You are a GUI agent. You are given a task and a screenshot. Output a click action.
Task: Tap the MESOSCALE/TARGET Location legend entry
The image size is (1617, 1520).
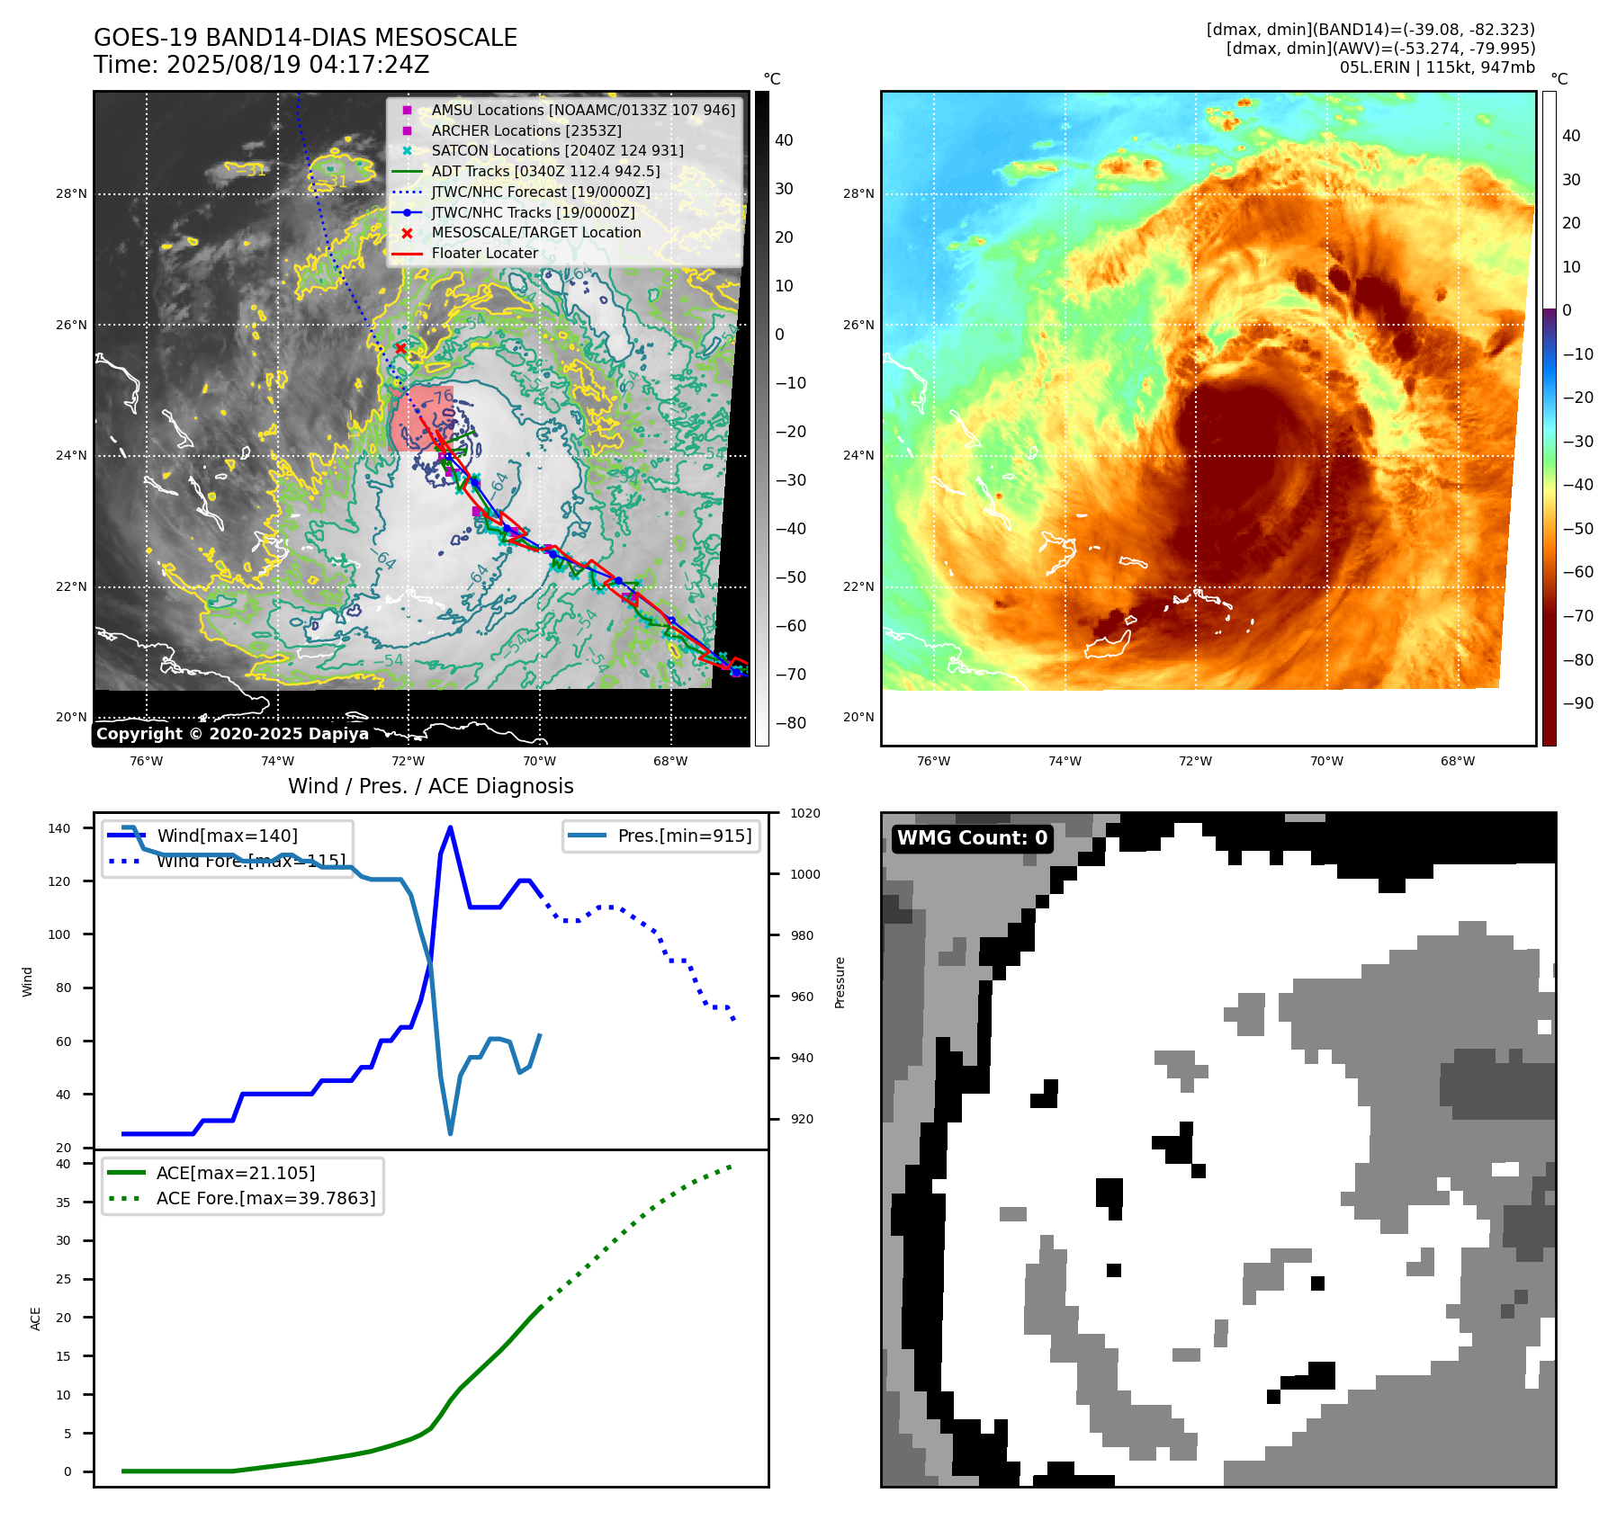pyautogui.click(x=535, y=232)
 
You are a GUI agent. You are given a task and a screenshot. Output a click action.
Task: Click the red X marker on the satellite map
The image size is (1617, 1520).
pyautogui.click(x=400, y=348)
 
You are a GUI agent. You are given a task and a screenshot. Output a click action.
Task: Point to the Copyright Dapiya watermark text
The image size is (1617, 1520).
pyautogui.click(x=232, y=734)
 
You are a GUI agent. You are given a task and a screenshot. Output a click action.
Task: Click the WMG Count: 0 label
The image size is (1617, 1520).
pyautogui.click(x=972, y=838)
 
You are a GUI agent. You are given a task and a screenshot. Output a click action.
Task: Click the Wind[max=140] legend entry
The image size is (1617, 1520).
pyautogui.click(x=227, y=836)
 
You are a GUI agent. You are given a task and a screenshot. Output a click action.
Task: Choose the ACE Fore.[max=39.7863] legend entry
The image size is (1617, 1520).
pyautogui.click(x=265, y=1198)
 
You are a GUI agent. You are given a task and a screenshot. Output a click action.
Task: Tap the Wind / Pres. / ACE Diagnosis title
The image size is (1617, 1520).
pyautogui.click(x=430, y=786)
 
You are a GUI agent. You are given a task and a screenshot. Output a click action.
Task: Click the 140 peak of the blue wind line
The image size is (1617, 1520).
pyautogui.click(x=450, y=827)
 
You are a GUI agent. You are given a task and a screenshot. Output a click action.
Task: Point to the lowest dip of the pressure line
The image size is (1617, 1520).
pyautogui.click(x=450, y=1133)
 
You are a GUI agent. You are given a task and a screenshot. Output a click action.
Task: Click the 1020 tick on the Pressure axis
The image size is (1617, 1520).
pyautogui.click(x=805, y=813)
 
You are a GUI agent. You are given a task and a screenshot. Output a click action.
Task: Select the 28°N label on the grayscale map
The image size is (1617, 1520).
pyautogui.click(x=72, y=193)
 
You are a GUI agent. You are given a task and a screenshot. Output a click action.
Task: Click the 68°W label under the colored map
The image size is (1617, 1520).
pyautogui.click(x=1457, y=761)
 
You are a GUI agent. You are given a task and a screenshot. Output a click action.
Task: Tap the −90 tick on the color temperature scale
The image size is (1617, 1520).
pyautogui.click(x=1579, y=703)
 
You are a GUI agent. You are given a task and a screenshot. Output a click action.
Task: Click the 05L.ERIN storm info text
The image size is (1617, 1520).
pyautogui.click(x=1436, y=67)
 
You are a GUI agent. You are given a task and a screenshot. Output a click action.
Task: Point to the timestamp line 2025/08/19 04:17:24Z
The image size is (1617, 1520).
pyautogui.click(x=262, y=65)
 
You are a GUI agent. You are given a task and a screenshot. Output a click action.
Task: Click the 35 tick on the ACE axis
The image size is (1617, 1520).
pyautogui.click(x=63, y=1202)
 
